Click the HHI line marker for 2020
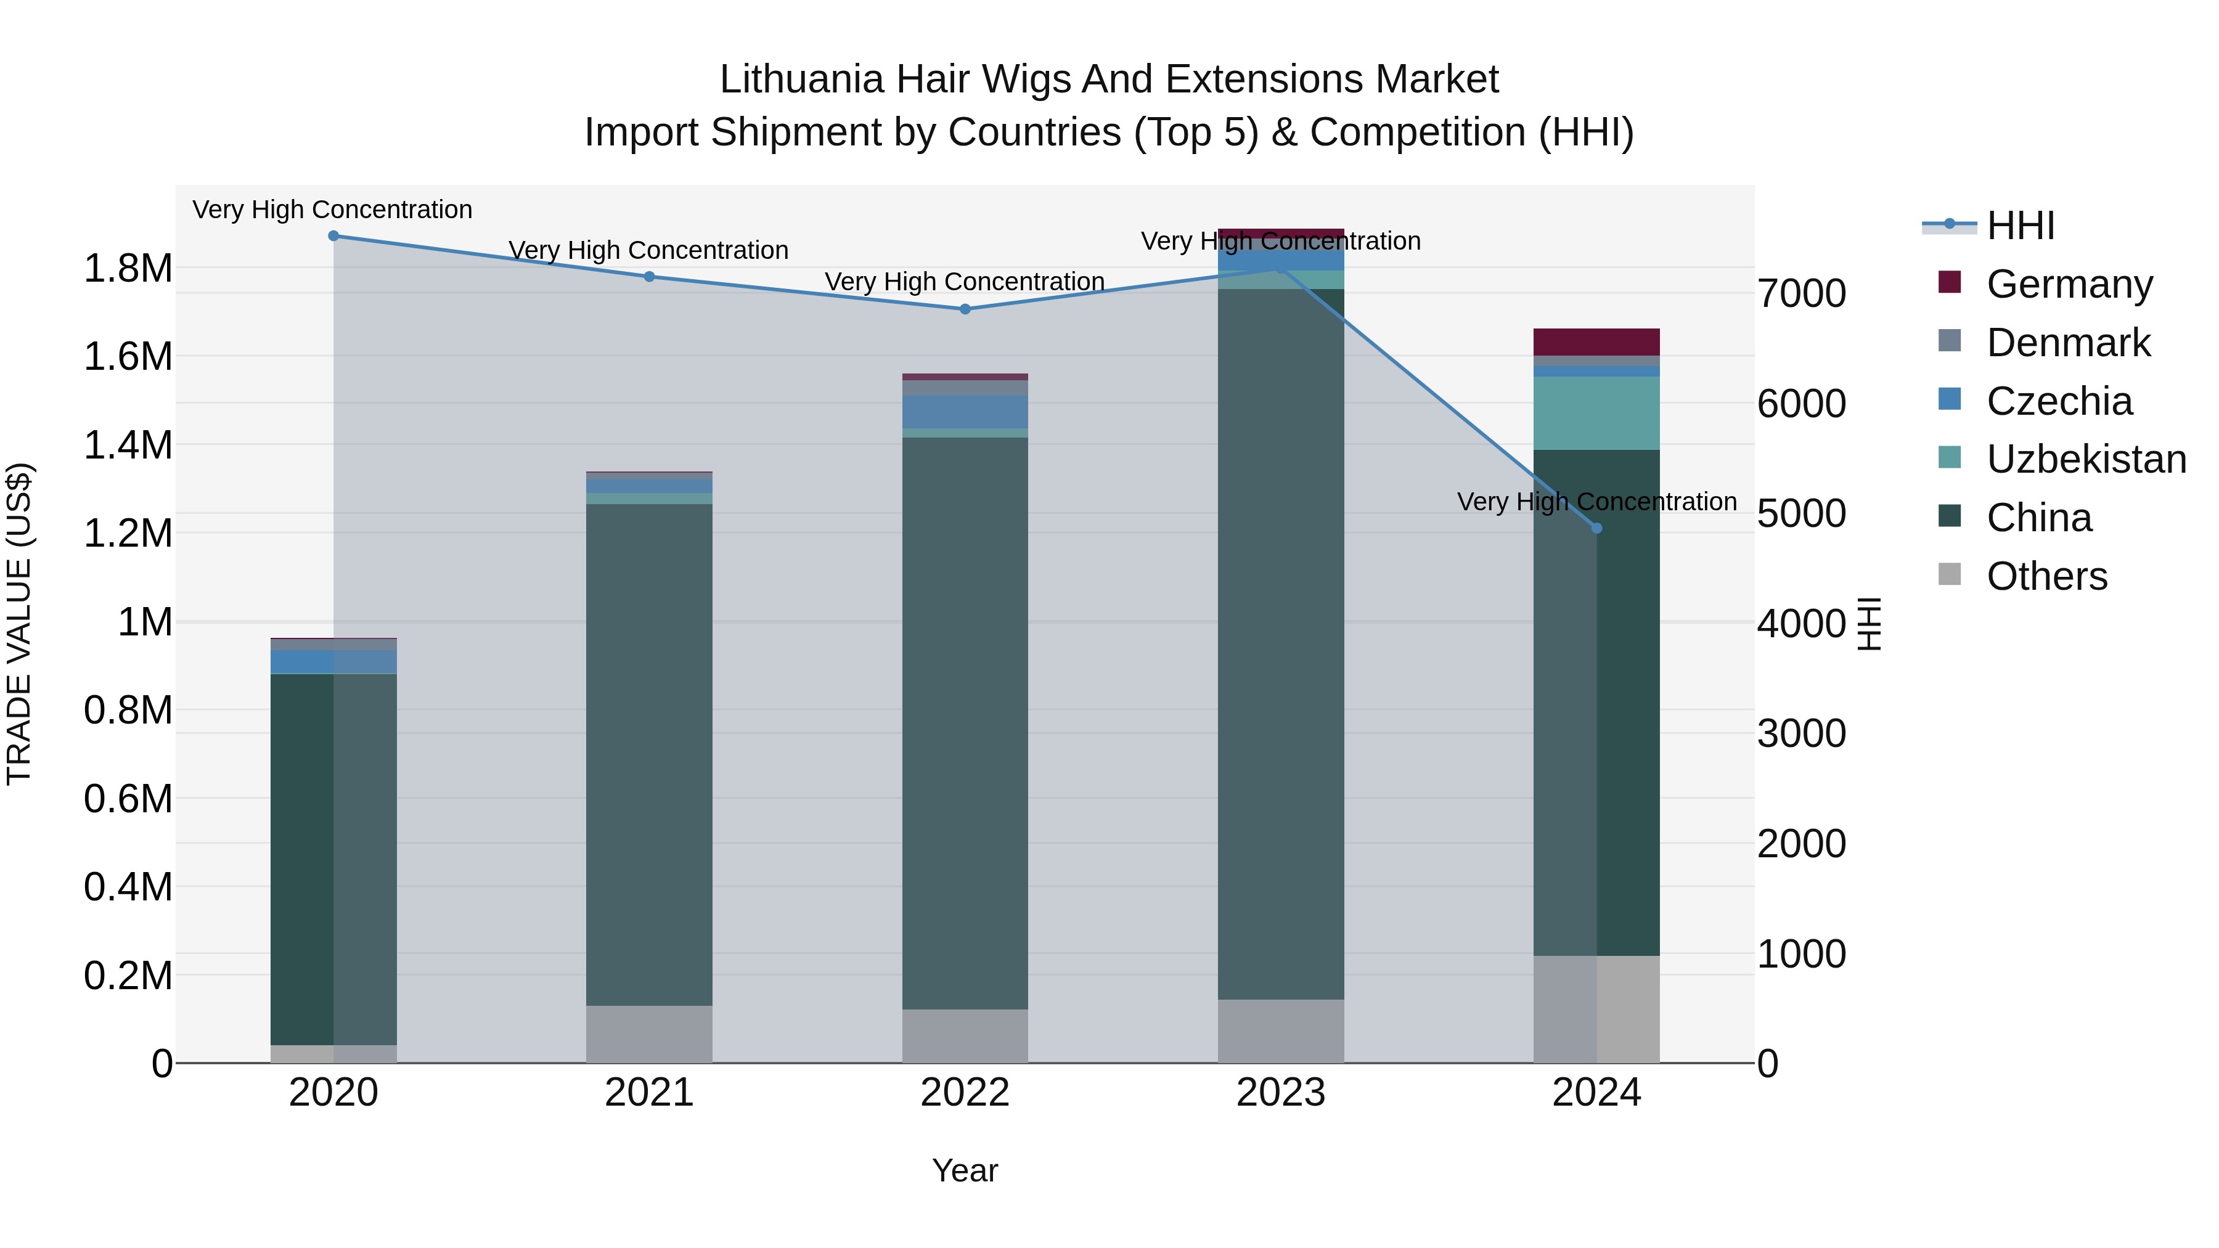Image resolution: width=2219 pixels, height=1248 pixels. pyautogui.click(x=333, y=236)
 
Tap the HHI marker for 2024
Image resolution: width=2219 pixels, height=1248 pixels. pyautogui.click(x=1596, y=528)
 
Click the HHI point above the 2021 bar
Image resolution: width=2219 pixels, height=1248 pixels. pyautogui.click(x=650, y=277)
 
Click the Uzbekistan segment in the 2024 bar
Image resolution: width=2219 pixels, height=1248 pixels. pyautogui.click(x=1596, y=414)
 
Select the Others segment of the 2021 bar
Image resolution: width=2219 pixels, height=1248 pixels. pyautogui.click(x=650, y=1034)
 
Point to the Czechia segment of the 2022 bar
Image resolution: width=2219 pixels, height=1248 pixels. pyautogui.click(x=965, y=412)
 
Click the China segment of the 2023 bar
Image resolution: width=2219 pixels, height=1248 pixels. pyautogui.click(x=1281, y=646)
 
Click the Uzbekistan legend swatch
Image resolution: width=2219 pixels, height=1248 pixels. pyautogui.click(x=1950, y=457)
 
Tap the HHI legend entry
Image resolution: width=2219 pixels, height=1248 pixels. pyautogui.click(x=2020, y=226)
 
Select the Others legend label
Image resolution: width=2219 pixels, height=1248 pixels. pyautogui.click(x=2046, y=576)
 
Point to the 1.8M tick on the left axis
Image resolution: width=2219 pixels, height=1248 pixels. pyautogui.click(x=128, y=269)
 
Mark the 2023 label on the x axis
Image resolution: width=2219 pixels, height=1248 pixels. pyautogui.click(x=1281, y=1093)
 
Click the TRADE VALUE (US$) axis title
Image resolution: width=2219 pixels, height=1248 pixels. pyautogui.click(x=19, y=624)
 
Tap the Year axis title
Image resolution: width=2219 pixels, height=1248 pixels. pyautogui.click(x=965, y=1170)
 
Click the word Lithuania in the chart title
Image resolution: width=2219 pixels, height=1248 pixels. pyautogui.click(x=801, y=80)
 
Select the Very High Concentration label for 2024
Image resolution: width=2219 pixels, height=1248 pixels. pyautogui.click(x=1596, y=501)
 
